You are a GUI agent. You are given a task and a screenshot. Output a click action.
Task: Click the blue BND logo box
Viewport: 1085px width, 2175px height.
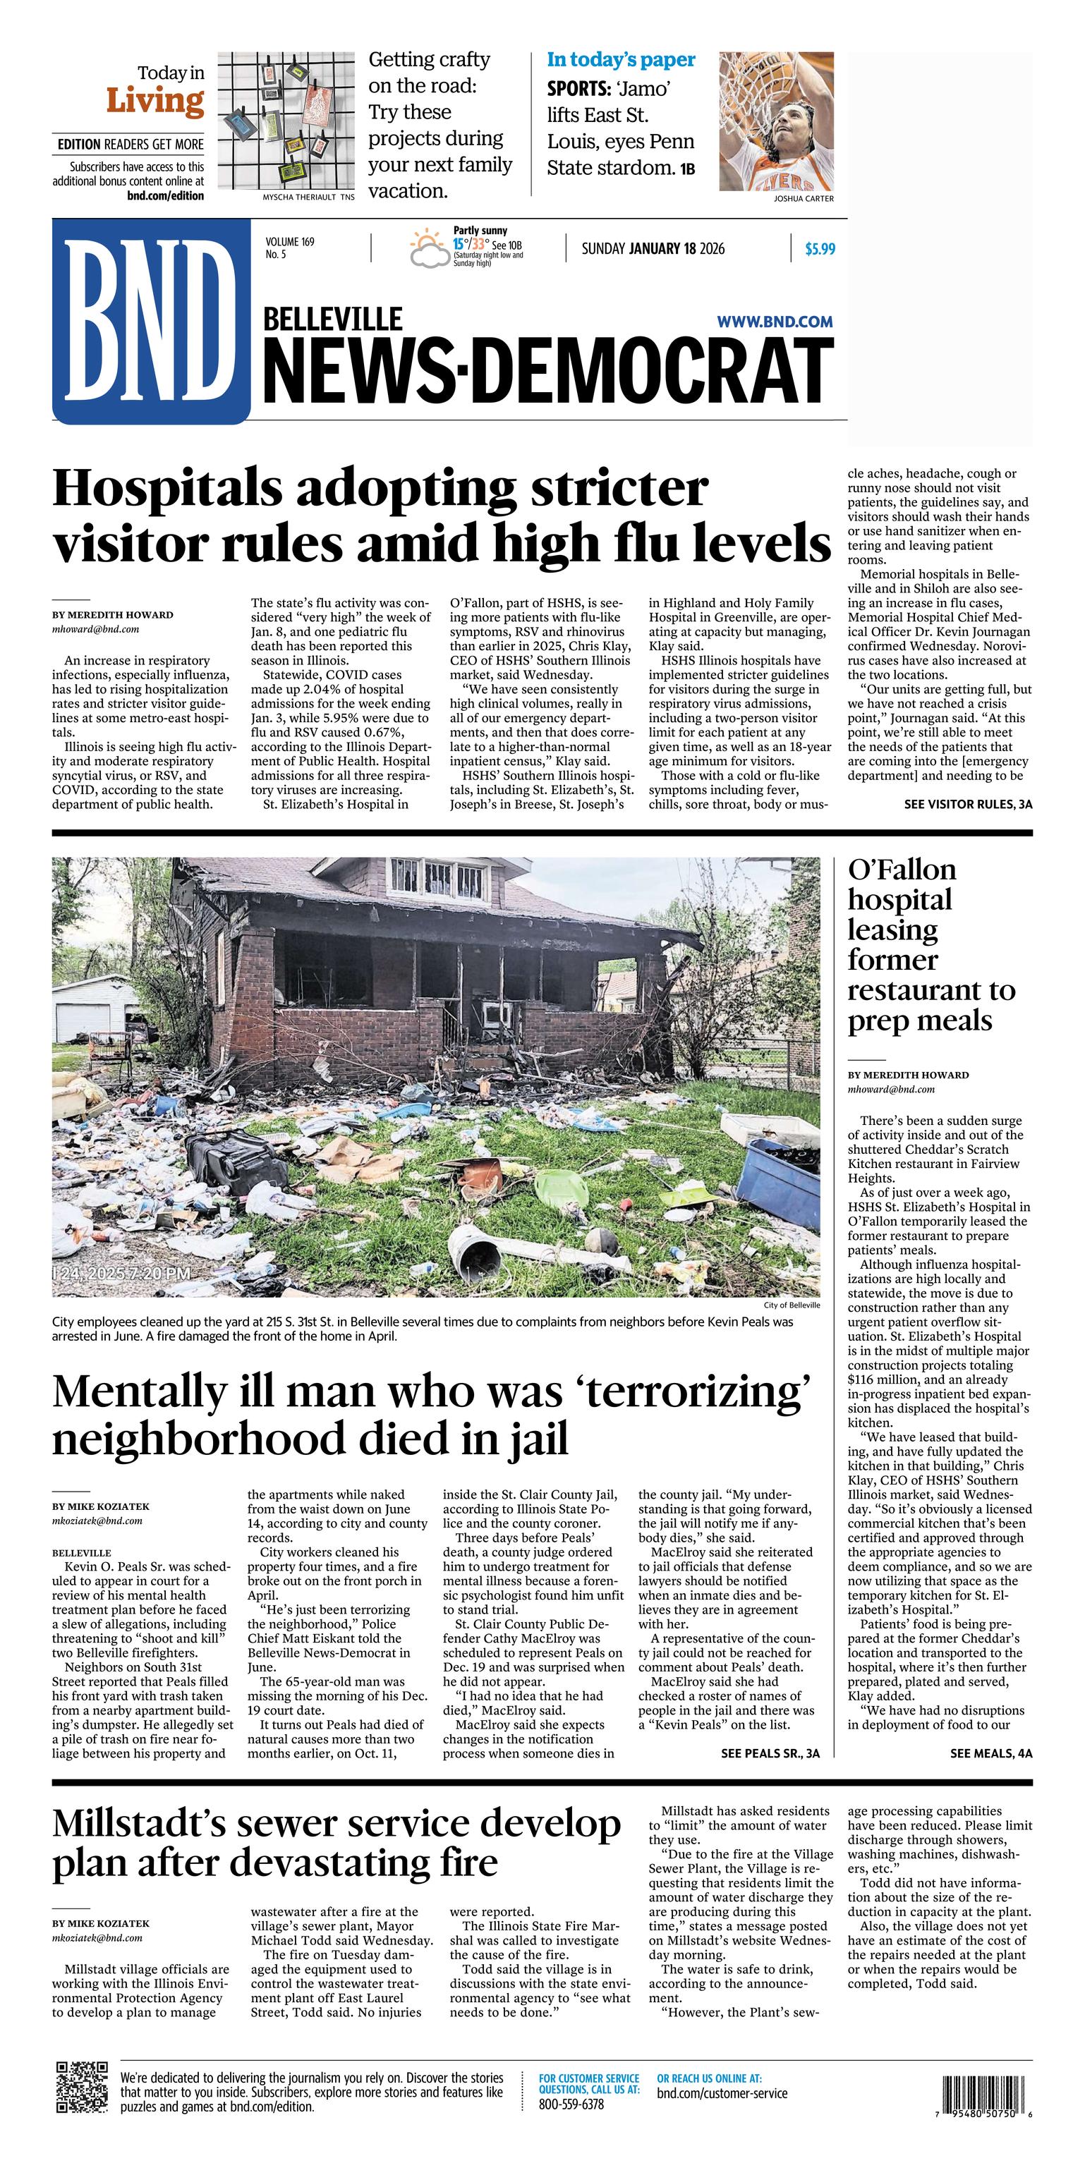tap(151, 321)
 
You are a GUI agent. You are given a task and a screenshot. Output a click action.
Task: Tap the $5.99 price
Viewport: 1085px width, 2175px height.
tap(819, 249)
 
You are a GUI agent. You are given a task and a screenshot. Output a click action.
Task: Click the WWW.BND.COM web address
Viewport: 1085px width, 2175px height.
tap(775, 322)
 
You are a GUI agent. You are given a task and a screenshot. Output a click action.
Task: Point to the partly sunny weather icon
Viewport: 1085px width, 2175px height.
tap(429, 248)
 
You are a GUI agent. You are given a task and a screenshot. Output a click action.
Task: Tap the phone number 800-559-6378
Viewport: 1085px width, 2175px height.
tap(571, 2103)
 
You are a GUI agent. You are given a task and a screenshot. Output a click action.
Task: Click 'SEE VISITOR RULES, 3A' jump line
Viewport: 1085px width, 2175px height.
tap(968, 805)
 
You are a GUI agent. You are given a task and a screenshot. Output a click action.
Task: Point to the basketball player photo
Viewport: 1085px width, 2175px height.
tap(776, 121)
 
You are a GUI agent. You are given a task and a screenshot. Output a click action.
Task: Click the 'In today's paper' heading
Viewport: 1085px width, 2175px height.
tap(621, 60)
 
